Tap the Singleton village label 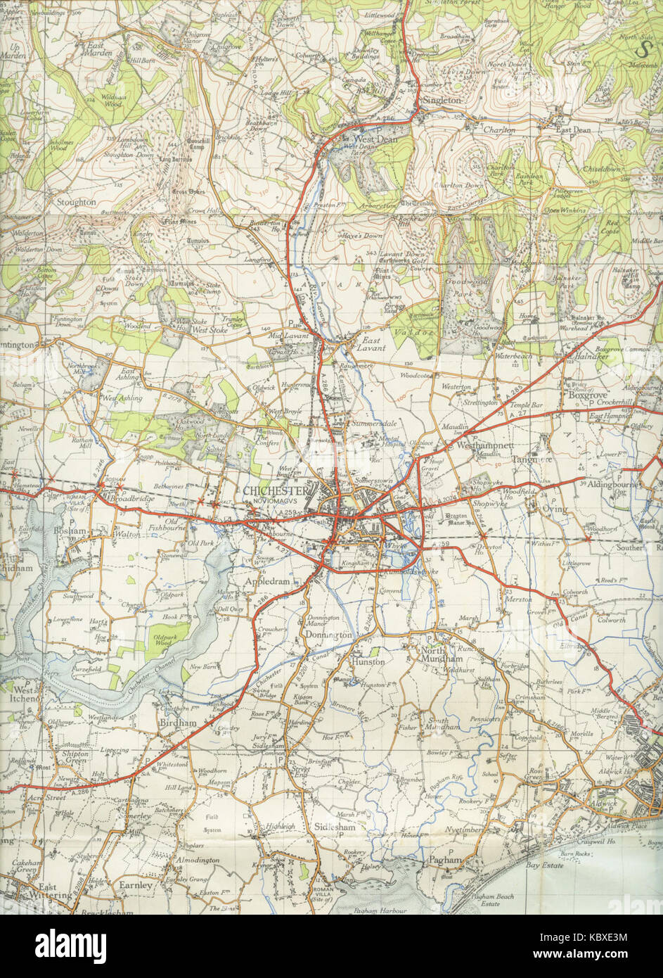click(x=441, y=101)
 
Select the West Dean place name click(x=361, y=139)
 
